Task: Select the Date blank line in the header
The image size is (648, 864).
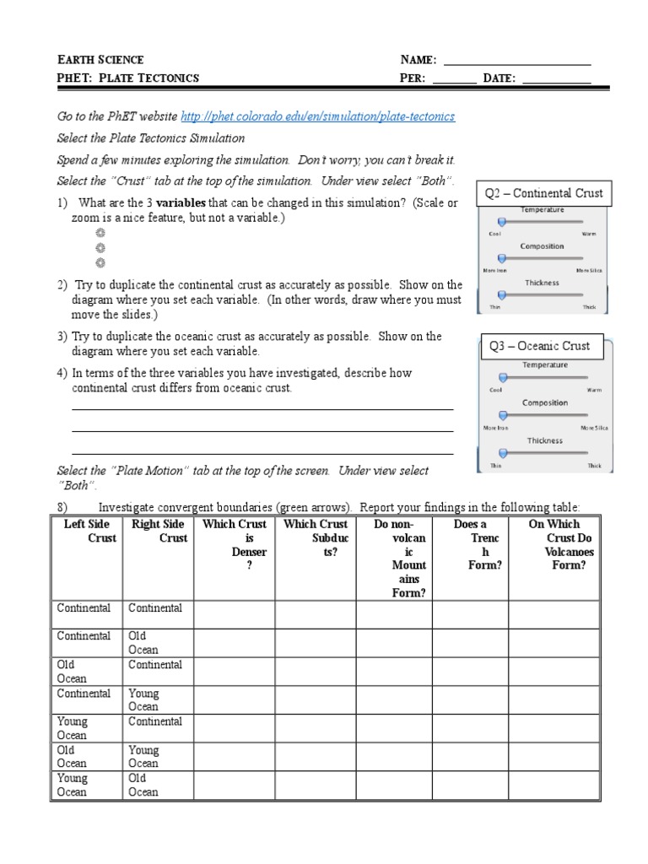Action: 557,79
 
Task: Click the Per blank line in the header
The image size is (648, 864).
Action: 455,79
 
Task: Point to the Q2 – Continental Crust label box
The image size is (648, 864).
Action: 543,193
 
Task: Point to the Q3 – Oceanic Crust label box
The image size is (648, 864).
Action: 540,346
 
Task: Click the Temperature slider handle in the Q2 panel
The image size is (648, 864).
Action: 502,221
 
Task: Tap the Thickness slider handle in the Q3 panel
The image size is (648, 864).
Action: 502,453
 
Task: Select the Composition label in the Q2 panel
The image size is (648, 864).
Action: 542,246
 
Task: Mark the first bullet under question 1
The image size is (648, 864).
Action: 100,233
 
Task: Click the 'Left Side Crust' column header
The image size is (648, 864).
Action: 87,531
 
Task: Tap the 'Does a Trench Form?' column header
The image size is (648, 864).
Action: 470,544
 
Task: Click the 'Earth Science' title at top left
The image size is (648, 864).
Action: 100,60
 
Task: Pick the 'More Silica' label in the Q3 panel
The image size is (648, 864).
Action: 592,428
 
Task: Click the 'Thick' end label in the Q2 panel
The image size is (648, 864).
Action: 589,307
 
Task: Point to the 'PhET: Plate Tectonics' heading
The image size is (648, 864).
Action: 127,78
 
